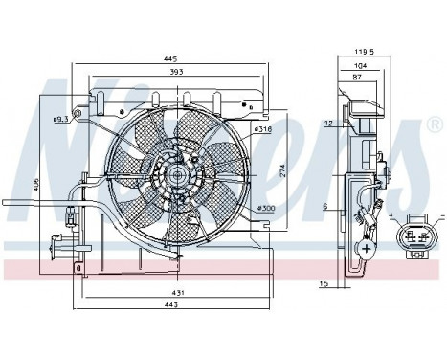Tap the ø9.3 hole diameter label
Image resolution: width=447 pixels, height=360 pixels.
(x=60, y=120)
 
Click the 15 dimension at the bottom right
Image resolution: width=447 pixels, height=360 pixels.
(x=324, y=283)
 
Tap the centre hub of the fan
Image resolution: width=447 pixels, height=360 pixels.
(x=179, y=176)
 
